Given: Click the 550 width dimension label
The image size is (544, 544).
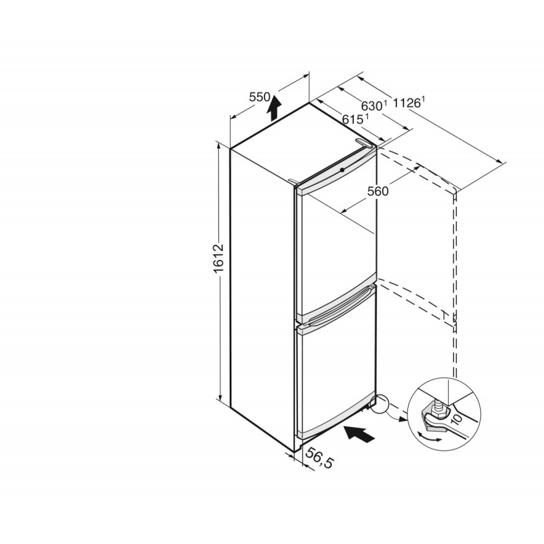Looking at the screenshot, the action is pos(259,97).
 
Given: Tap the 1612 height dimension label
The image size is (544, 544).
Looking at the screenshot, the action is pos(219,259).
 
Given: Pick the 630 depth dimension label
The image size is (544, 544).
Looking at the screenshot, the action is pos(373,105).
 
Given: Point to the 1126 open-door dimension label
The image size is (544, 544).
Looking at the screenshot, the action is pos(409,103).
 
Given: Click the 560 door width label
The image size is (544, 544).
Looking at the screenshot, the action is pos(378,191).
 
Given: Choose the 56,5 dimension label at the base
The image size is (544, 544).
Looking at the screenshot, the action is pos(319,457).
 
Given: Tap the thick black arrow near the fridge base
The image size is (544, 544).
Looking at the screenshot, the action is pos(359,434).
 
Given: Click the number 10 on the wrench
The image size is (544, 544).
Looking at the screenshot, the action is pos(456,419).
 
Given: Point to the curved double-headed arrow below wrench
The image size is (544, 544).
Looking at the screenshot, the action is pos(429,437).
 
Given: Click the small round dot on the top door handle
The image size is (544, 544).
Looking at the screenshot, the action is pos(342,170).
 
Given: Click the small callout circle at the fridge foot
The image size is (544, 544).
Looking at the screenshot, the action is pos(380,403).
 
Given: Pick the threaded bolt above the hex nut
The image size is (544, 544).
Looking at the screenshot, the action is pos(437,403).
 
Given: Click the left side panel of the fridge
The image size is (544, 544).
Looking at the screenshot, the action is pos(262,299).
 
